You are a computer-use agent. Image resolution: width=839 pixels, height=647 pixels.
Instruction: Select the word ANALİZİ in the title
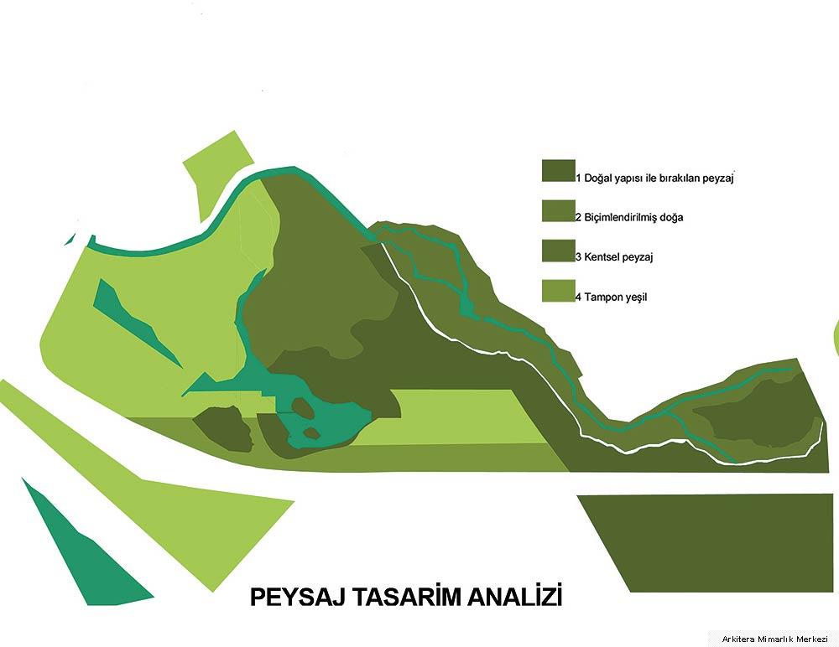coord(515,596)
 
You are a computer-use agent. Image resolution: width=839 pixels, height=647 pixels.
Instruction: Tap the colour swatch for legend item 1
coord(558,171)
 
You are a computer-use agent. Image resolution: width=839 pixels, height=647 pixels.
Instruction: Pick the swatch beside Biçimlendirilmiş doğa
coord(558,210)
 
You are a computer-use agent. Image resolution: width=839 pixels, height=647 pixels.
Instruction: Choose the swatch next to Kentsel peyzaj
coord(558,251)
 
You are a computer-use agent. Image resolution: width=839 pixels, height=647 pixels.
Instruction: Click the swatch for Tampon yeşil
coord(558,290)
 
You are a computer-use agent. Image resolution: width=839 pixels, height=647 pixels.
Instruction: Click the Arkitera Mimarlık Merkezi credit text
coord(774,639)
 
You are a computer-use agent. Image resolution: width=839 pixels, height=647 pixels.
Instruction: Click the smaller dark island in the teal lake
coord(311,432)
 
